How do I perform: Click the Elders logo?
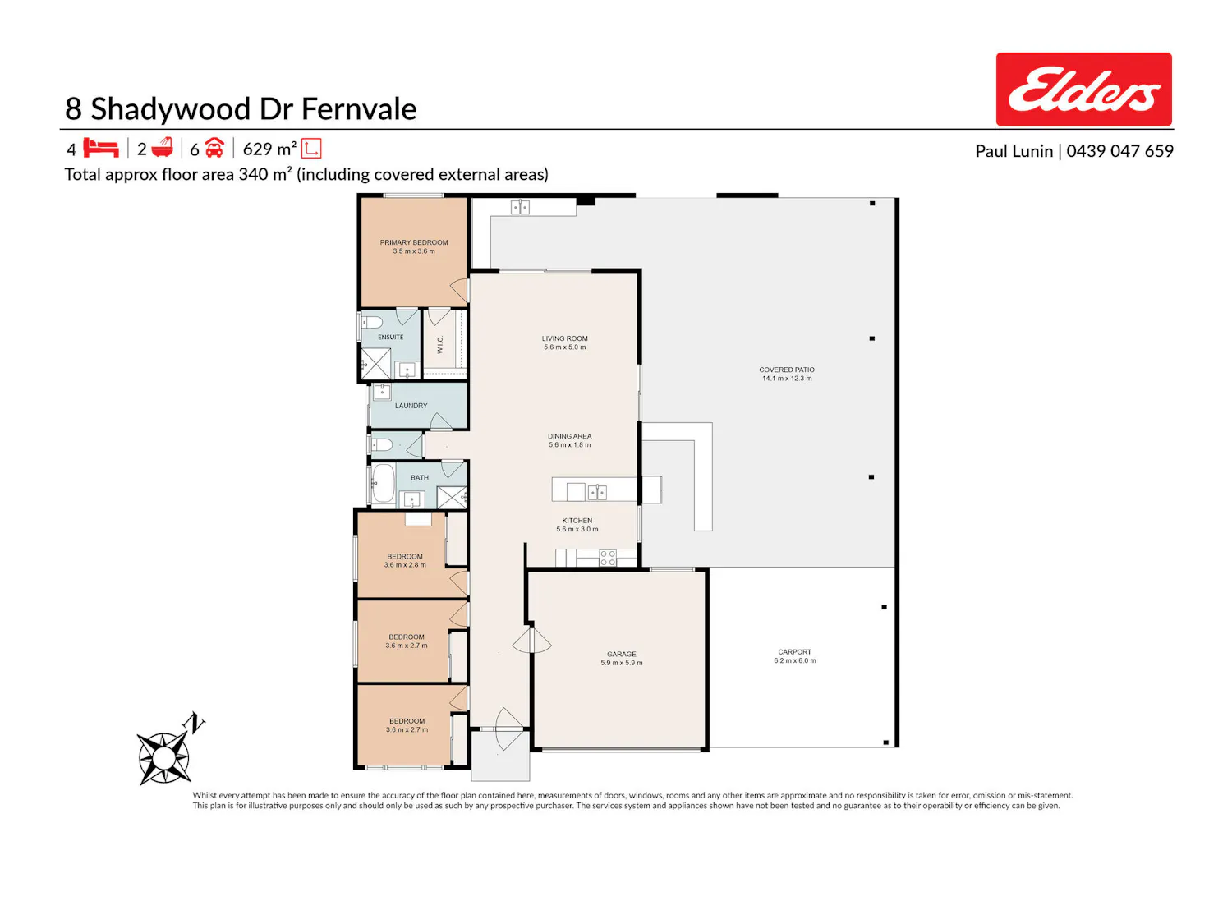(1083, 90)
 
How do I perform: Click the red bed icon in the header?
(100, 148)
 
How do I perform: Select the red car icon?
(214, 148)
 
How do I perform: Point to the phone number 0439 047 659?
(1119, 151)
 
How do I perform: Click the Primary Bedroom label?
(414, 242)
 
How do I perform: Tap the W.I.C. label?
(440, 344)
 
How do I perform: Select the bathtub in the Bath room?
(384, 482)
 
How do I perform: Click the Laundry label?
(411, 406)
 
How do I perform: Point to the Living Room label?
(564, 338)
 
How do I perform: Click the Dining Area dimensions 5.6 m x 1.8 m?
(570, 445)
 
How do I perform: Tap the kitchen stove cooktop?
(608, 558)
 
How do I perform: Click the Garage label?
(621, 654)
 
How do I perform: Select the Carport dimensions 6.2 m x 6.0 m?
(795, 660)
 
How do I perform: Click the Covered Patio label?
(786, 370)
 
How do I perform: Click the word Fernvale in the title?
(359, 109)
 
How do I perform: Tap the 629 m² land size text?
(269, 149)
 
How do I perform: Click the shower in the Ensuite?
(375, 364)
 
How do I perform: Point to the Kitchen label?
(577, 521)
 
